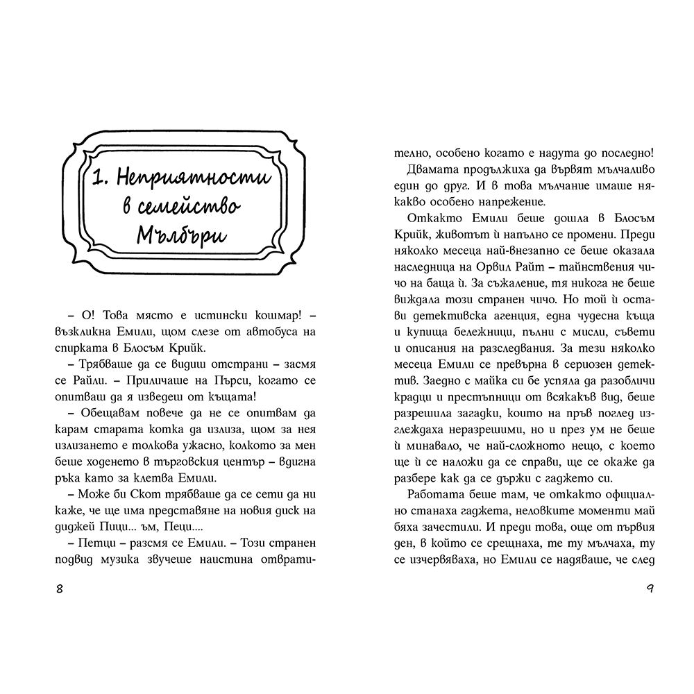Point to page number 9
[x=650, y=589]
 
